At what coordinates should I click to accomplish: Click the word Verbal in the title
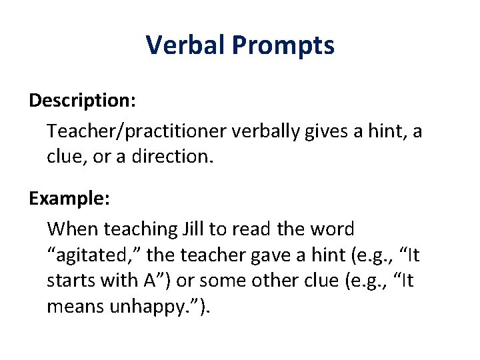(x=186, y=46)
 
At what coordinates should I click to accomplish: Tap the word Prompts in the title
(x=284, y=46)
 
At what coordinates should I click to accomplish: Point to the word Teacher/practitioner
(x=137, y=131)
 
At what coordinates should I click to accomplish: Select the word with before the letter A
(x=119, y=281)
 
